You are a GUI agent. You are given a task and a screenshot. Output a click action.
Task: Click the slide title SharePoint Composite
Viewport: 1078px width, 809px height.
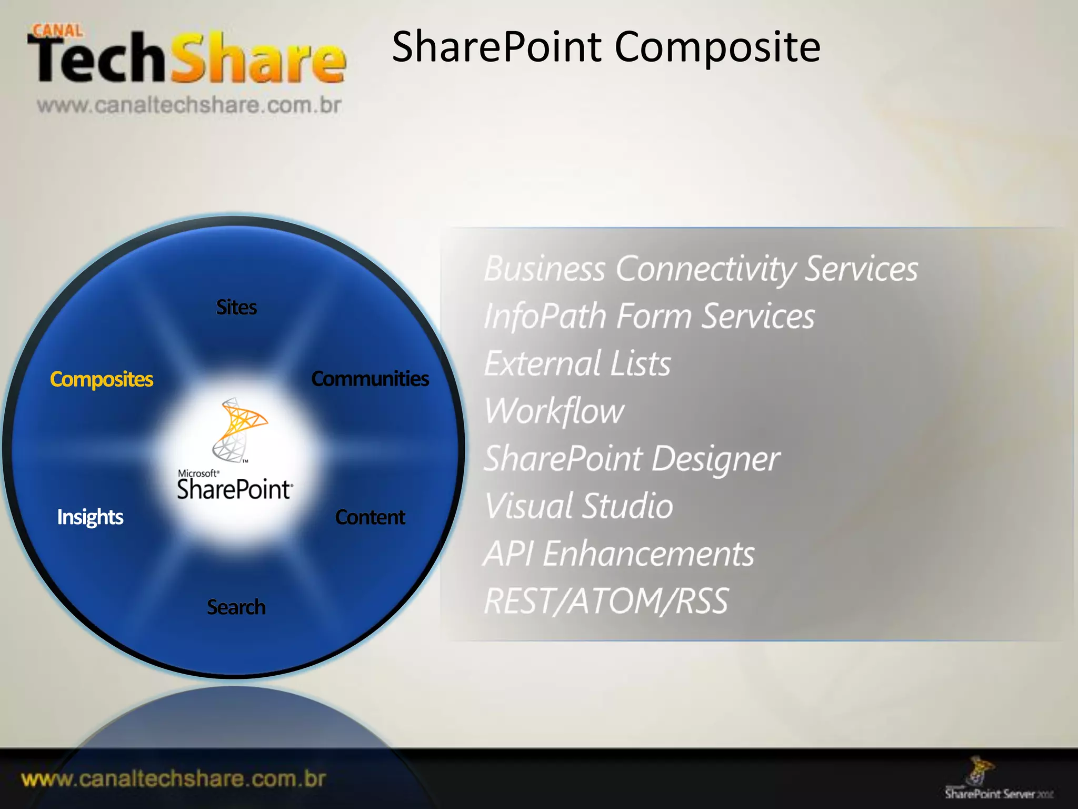(606, 47)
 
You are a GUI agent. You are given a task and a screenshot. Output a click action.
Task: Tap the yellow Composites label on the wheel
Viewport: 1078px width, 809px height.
(102, 379)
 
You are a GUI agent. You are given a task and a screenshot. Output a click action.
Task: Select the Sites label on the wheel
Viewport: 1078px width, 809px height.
(236, 308)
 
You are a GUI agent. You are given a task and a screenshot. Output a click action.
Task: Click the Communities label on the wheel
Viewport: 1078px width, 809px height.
(370, 379)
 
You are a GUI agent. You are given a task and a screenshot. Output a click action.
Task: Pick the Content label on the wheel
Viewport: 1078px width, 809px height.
(370, 517)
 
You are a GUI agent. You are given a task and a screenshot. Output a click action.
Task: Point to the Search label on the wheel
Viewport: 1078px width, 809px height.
(236, 607)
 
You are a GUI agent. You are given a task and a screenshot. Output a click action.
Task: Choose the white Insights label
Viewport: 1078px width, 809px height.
(90, 517)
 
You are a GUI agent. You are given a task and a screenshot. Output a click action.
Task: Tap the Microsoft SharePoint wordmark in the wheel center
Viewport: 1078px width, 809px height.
(234, 487)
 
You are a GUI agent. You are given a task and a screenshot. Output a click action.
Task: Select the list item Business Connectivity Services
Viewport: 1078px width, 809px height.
(701, 269)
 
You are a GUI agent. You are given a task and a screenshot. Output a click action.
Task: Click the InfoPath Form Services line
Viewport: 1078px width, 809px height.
(649, 317)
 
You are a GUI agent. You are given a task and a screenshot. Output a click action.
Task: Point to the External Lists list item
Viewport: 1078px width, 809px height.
(577, 364)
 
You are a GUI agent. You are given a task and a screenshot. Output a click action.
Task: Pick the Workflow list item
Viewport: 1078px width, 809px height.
(554, 411)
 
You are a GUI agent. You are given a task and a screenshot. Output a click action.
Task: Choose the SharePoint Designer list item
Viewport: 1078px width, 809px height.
(632, 459)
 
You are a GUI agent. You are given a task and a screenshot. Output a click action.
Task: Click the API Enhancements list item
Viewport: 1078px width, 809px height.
(619, 554)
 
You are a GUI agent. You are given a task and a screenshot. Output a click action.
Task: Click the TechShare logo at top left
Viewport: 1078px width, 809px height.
(187, 58)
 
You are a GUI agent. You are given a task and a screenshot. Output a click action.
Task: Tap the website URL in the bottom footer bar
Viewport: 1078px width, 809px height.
(174, 779)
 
